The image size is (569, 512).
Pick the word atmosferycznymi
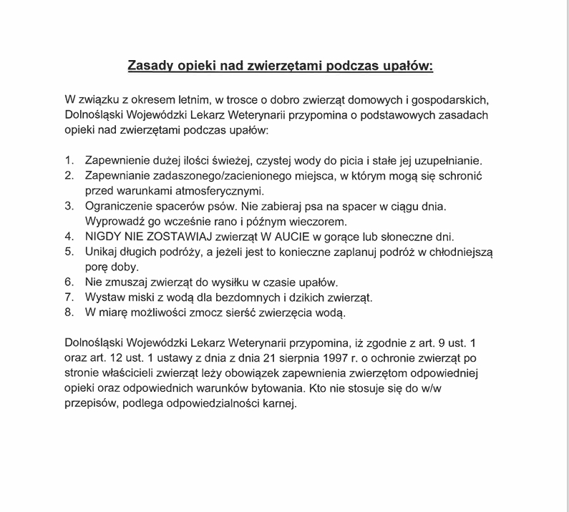coord(220,191)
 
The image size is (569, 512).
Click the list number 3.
coord(69,207)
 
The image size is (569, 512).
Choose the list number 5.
coord(69,252)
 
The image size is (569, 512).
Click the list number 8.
coord(69,312)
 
